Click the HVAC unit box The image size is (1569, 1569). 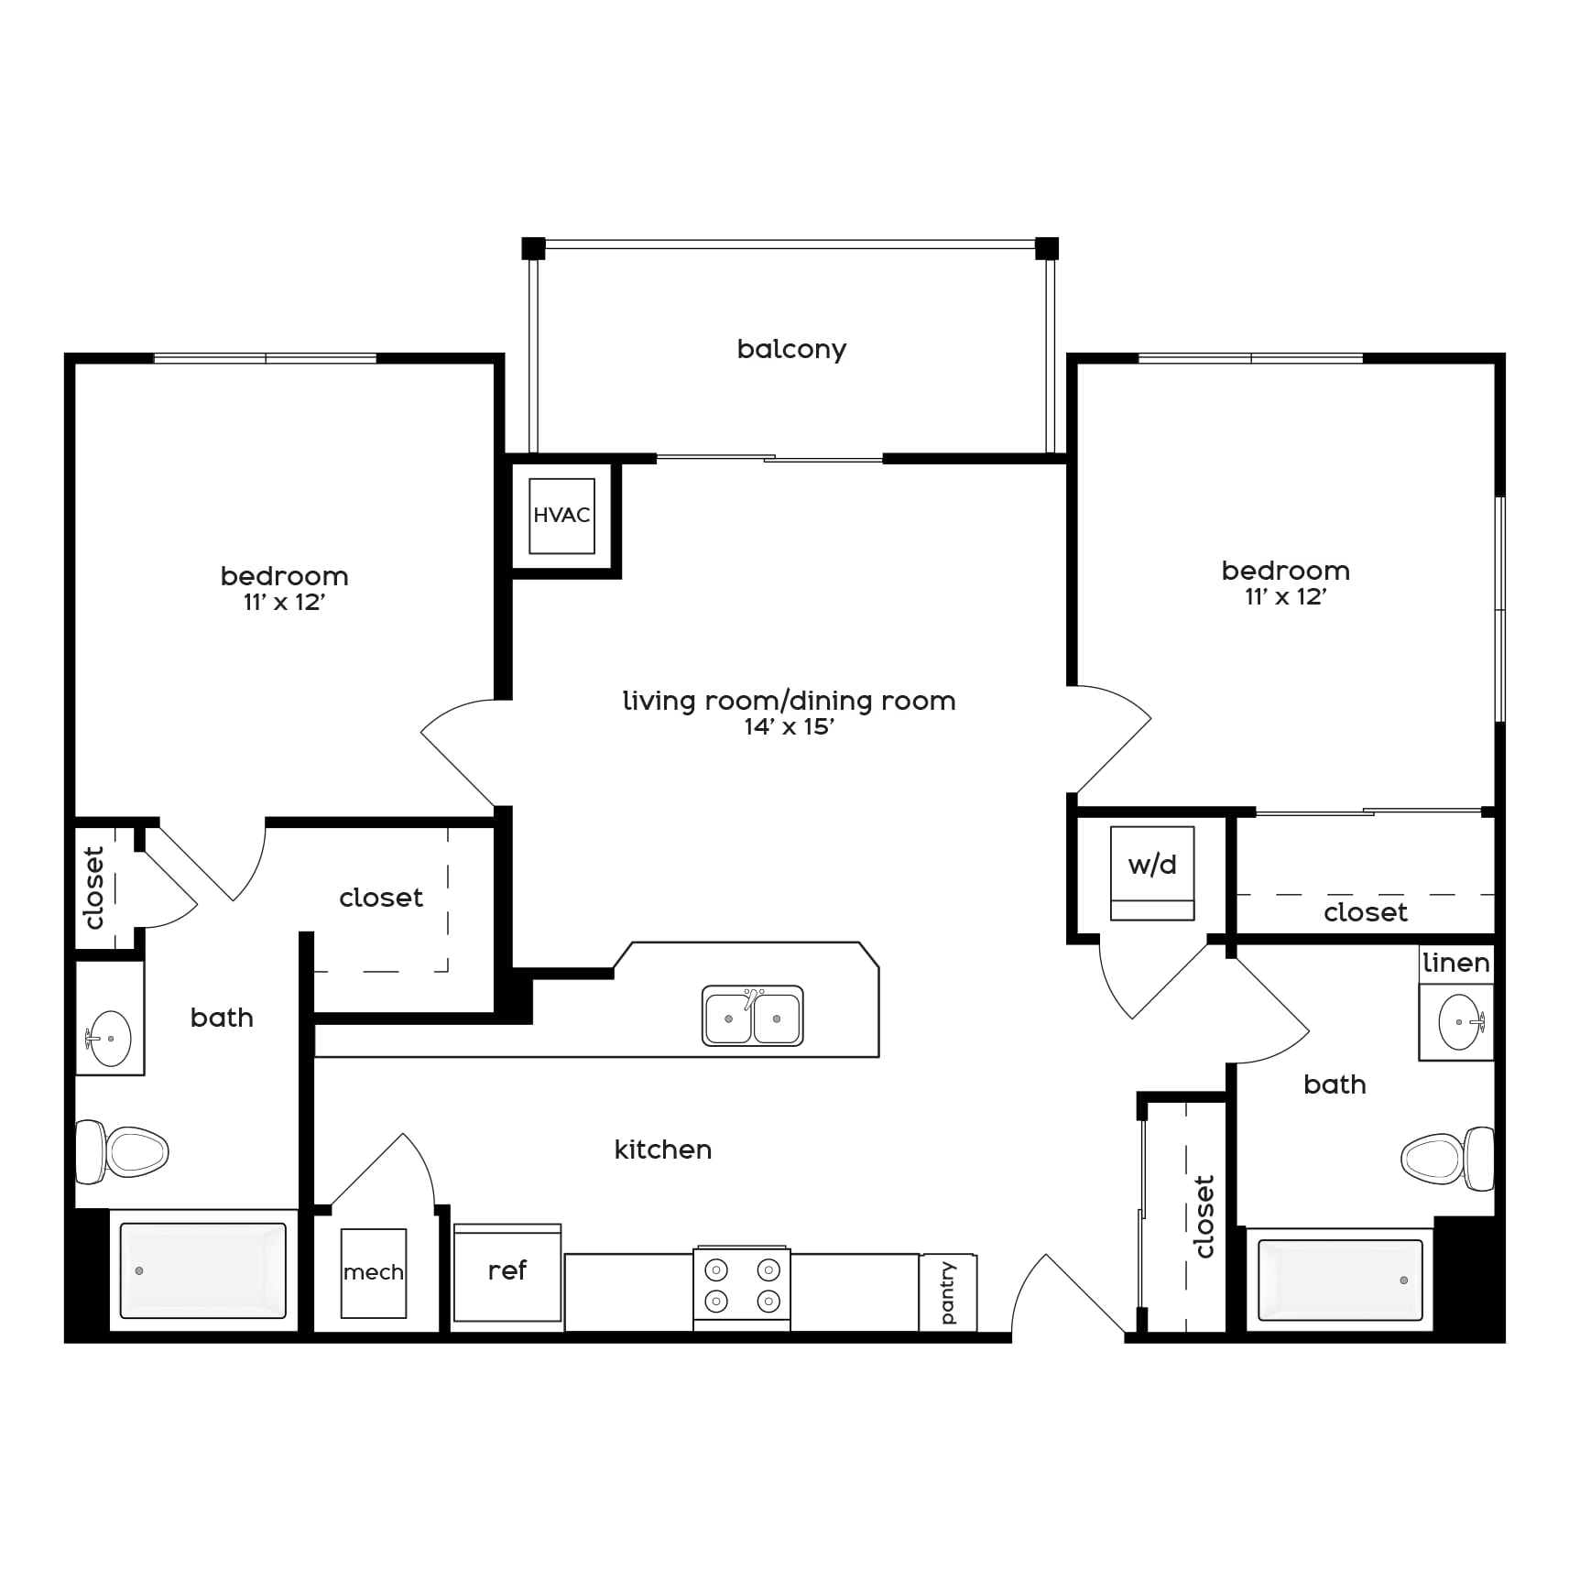[561, 516]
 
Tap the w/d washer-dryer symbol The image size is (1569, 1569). [1152, 873]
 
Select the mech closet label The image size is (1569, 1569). [373, 1272]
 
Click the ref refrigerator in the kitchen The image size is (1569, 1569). [507, 1272]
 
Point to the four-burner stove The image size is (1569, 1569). [742, 1287]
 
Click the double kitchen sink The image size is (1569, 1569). [753, 1016]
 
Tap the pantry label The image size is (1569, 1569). [948, 1292]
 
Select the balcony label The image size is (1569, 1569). [791, 349]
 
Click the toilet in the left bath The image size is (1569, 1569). [122, 1151]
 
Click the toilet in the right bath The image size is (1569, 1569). [1447, 1158]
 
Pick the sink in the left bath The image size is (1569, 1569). [108, 1039]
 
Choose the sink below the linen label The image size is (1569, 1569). [1460, 1021]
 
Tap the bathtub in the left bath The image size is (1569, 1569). [203, 1270]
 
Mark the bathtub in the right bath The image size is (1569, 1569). [1340, 1280]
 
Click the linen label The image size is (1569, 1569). [1456, 963]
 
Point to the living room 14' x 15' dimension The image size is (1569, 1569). [789, 727]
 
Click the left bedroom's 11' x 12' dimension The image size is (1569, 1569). [285, 603]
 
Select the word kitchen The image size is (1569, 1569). [663, 1150]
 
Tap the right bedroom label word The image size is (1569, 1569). [1286, 571]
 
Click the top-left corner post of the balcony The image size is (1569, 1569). [533, 248]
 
